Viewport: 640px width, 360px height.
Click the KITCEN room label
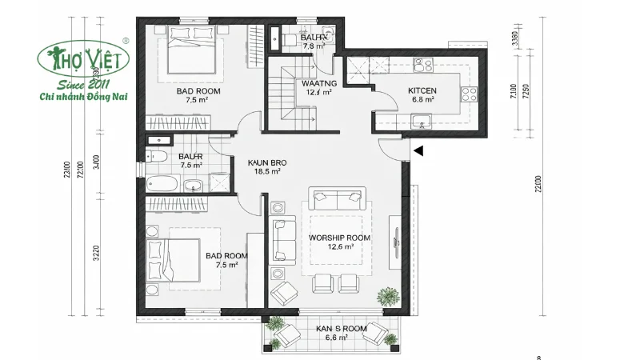click(x=422, y=90)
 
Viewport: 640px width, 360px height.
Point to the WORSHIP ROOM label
click(x=340, y=238)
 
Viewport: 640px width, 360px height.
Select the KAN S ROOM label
click(x=331, y=329)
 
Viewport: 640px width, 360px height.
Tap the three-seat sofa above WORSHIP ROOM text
click(x=338, y=197)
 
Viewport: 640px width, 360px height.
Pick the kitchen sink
click(x=419, y=122)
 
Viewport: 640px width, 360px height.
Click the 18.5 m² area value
click(x=266, y=171)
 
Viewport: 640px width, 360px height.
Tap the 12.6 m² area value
click(x=340, y=247)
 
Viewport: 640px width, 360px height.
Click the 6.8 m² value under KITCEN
click(x=422, y=100)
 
